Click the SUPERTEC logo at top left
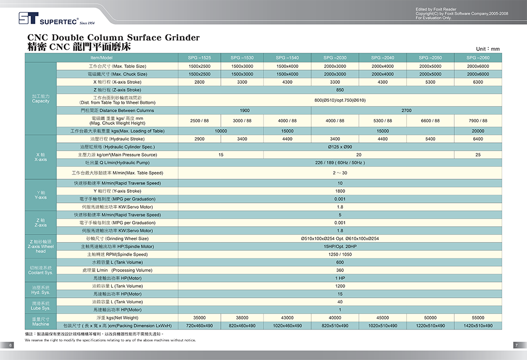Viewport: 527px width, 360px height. (50, 19)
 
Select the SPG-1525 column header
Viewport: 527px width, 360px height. (199, 57)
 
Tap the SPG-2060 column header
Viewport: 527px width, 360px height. (477, 57)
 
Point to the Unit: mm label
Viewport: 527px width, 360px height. (487, 49)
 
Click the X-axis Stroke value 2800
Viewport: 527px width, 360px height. (199, 82)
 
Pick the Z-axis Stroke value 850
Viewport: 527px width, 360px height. (340, 90)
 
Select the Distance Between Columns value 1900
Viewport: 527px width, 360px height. (245, 111)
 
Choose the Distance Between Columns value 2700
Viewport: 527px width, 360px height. (406, 111)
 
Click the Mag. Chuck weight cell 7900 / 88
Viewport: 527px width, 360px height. (477, 121)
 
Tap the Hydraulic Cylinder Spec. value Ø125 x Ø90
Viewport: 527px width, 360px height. (340, 147)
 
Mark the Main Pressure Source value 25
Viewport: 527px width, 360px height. (477, 154)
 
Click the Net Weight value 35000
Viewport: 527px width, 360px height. (199, 318)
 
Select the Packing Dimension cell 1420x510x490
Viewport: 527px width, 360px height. (477, 326)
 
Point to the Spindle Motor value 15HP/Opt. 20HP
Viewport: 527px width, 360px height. (340, 247)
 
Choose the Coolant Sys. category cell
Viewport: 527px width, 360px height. (41, 270)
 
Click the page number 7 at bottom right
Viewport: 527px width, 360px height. (516, 345)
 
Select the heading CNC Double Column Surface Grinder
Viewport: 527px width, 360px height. (113, 38)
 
